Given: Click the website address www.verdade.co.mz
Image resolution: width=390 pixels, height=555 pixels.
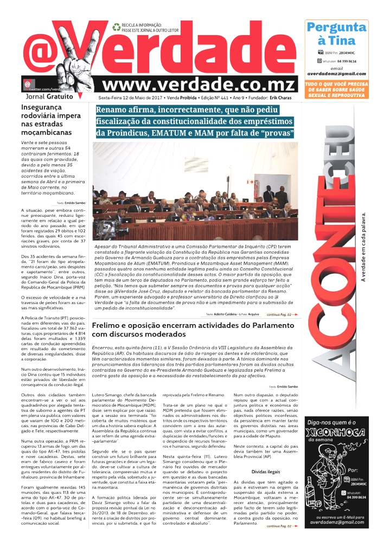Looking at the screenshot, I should point(199,84).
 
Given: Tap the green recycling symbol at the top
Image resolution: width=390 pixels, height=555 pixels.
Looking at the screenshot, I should point(116,27).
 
